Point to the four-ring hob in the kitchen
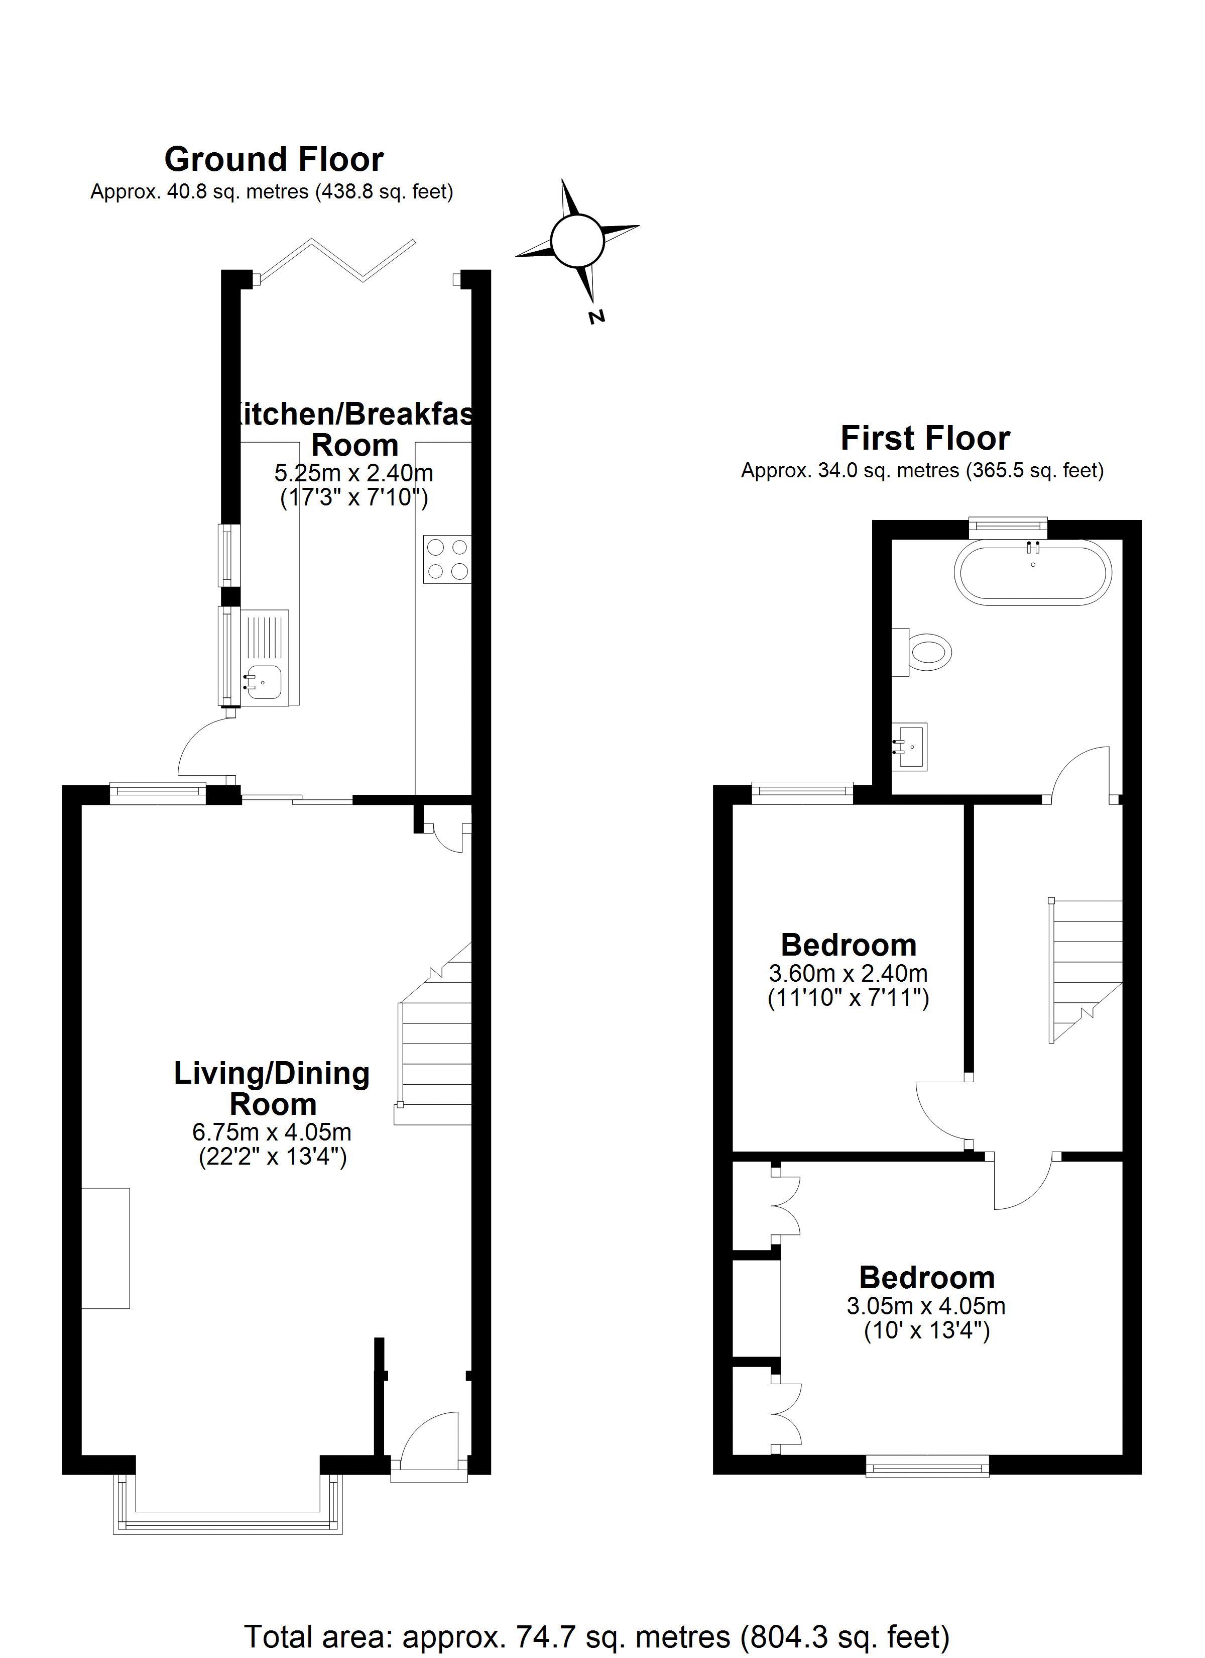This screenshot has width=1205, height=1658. [446, 559]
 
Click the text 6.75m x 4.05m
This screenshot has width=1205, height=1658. [272, 1132]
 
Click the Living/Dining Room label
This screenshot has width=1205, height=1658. [272, 1089]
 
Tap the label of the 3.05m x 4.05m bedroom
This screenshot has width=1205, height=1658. [926, 1278]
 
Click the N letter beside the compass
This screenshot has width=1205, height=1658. [597, 317]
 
